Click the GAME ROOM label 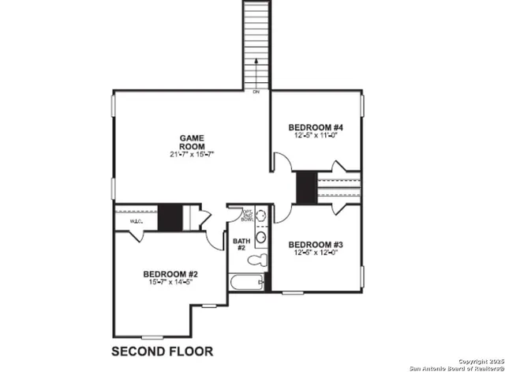pyautogui.click(x=191, y=141)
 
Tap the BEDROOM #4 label pyautogui.click(x=314, y=126)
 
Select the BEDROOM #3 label pyautogui.click(x=314, y=244)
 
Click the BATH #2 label pyautogui.click(x=241, y=245)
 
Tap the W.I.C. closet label pyautogui.click(x=135, y=222)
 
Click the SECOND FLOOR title pyautogui.click(x=162, y=350)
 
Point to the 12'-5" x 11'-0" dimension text pyautogui.click(x=314, y=136)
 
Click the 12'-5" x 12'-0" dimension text pyautogui.click(x=314, y=254)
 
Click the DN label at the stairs pyautogui.click(x=256, y=92)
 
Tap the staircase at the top pyautogui.click(x=256, y=39)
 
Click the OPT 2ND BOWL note pyautogui.click(x=248, y=215)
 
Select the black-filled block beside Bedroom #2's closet pyautogui.click(x=169, y=218)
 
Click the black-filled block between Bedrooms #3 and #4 pyautogui.click(x=306, y=188)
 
